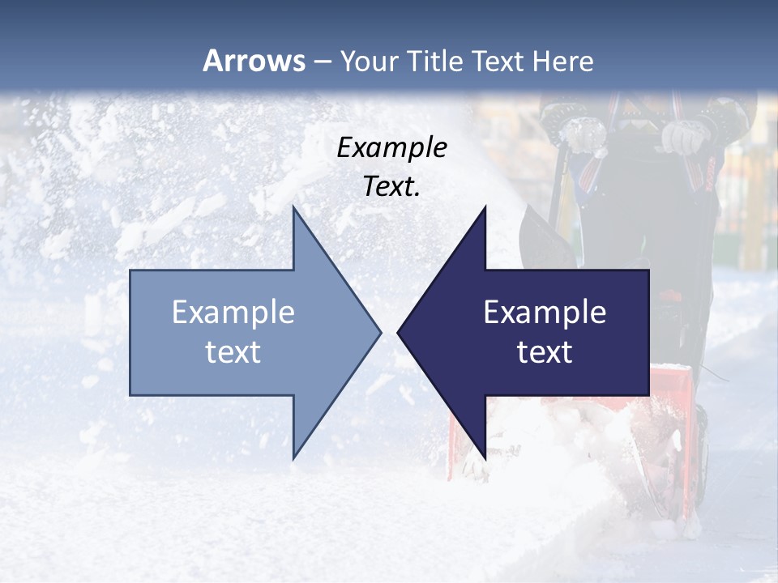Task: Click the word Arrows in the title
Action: pyautogui.click(x=254, y=61)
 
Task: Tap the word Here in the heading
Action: pyautogui.click(x=563, y=61)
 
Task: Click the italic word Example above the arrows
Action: pyautogui.click(x=391, y=147)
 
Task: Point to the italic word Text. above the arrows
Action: pyautogui.click(x=391, y=186)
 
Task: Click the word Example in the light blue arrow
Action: pyautogui.click(x=233, y=312)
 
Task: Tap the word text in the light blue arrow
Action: pyautogui.click(x=233, y=352)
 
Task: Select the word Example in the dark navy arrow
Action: pyautogui.click(x=545, y=312)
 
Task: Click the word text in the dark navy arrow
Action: pyautogui.click(x=545, y=352)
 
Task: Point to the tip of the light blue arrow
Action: pyautogui.click(x=380, y=332)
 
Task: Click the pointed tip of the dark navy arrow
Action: pyautogui.click(x=398, y=332)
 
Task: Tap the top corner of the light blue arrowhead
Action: pyautogui.click(x=293, y=206)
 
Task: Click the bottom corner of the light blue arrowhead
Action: pyautogui.click(x=293, y=458)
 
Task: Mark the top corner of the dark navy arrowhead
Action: pyautogui.click(x=485, y=206)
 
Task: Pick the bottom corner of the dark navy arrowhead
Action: pyautogui.click(x=485, y=458)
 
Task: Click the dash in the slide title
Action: pyautogui.click(x=322, y=62)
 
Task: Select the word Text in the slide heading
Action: pyautogui.click(x=498, y=61)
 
